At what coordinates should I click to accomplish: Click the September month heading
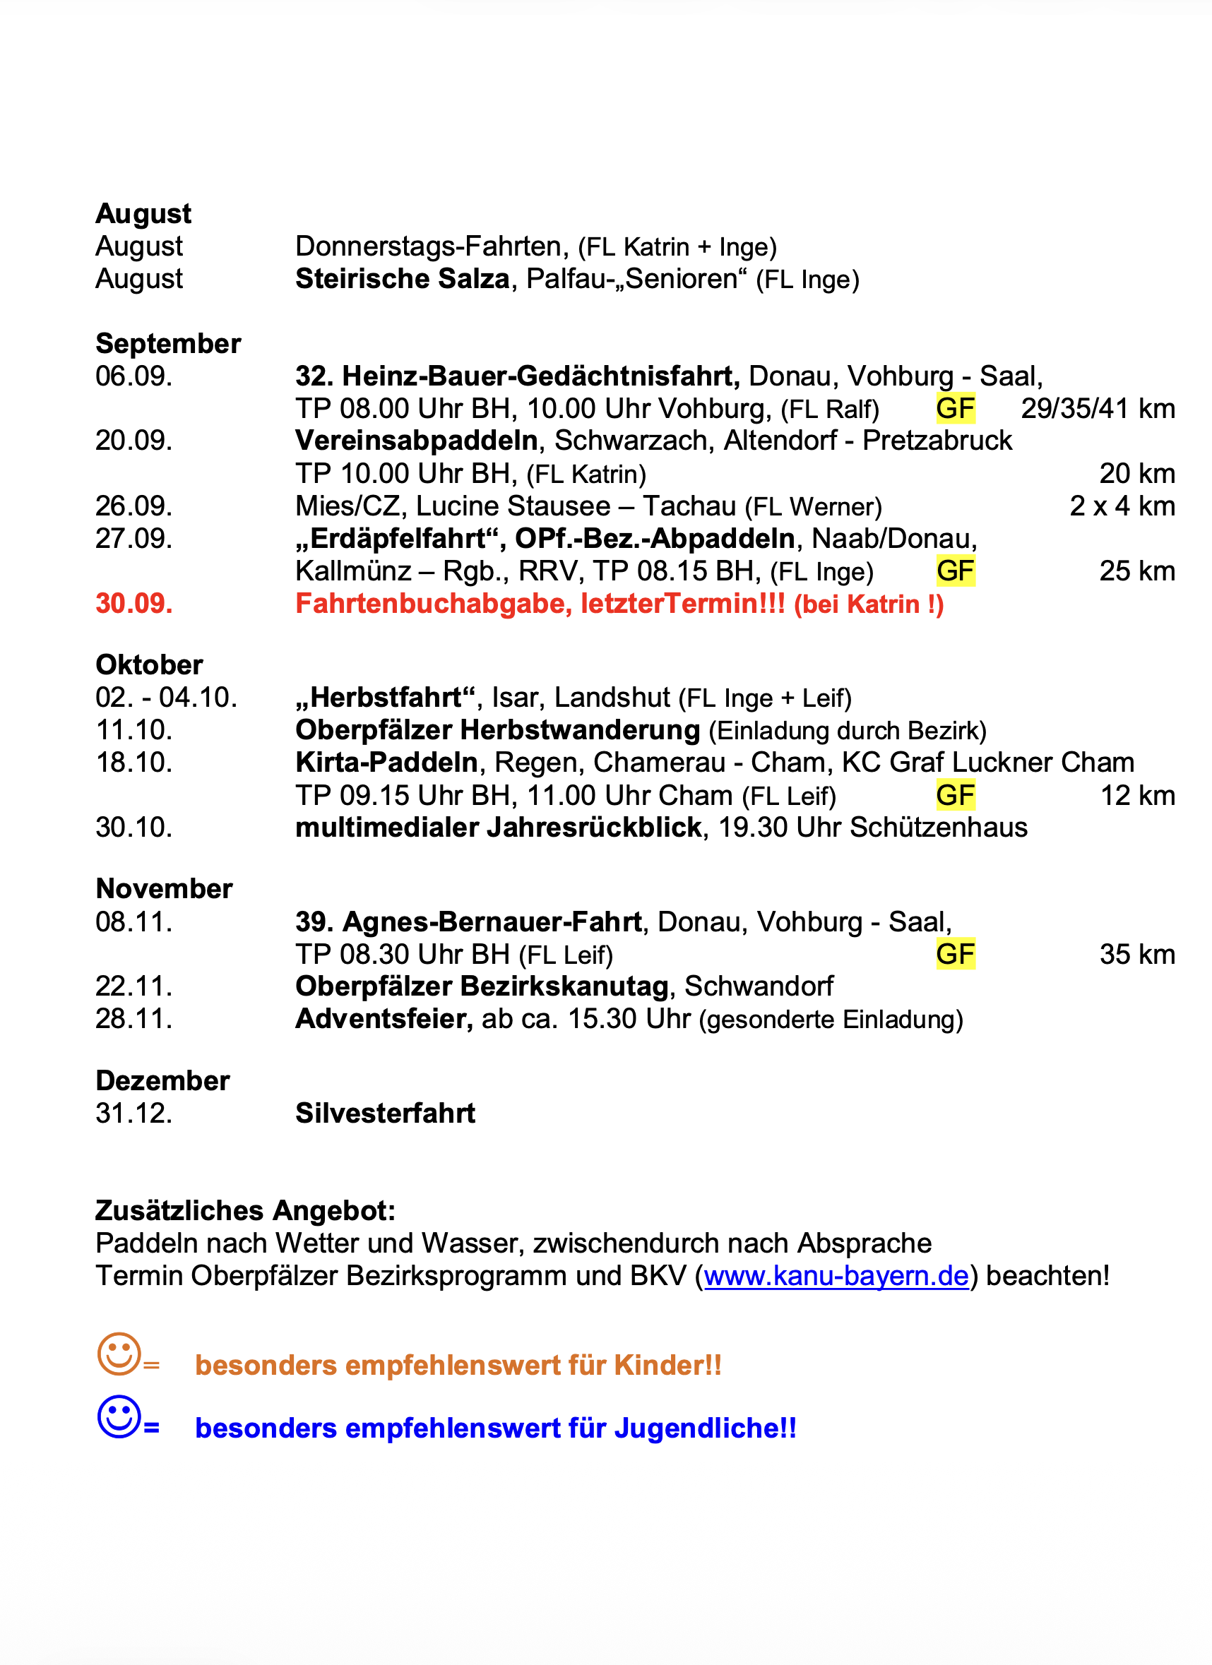(168, 344)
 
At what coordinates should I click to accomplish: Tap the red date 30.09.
(134, 604)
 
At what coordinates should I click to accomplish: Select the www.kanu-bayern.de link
(836, 1276)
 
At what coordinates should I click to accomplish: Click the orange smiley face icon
(119, 1354)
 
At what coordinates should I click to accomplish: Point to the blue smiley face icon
(119, 1416)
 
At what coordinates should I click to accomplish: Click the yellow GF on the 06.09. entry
(955, 409)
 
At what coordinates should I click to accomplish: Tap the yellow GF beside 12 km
(955, 796)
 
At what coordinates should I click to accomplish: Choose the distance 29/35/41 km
(1098, 409)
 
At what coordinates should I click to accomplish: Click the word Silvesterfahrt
(386, 1114)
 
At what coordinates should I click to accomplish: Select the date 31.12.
(134, 1114)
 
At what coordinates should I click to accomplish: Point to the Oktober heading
(149, 665)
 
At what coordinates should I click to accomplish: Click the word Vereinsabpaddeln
(416, 441)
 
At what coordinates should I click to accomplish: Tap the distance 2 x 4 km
(1122, 506)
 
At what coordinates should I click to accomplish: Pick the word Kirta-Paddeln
(386, 763)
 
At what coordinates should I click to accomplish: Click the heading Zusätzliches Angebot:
(245, 1210)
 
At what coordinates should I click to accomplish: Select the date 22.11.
(134, 986)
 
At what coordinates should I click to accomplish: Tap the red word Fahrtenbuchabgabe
(432, 604)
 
